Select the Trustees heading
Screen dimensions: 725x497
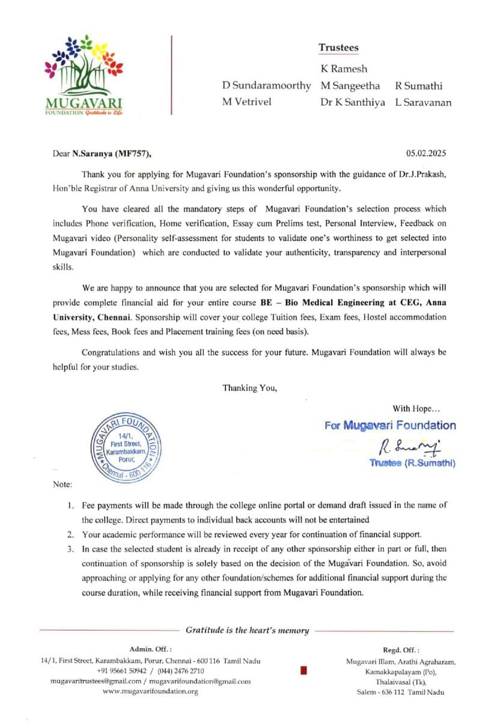click(338, 48)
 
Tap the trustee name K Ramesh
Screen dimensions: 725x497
click(344, 69)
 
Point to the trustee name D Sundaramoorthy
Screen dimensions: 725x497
click(267, 86)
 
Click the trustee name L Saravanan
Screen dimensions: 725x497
click(423, 102)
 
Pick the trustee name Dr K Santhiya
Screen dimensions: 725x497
click(352, 102)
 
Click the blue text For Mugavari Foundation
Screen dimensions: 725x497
click(390, 426)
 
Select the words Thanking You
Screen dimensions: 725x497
click(250, 388)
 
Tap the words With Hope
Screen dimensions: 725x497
click(415, 409)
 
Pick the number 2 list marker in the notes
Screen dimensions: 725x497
click(70, 534)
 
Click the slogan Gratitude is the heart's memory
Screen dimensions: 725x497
click(247, 631)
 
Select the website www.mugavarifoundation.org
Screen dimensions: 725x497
click(150, 691)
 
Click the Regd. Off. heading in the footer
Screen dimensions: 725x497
click(401, 650)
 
